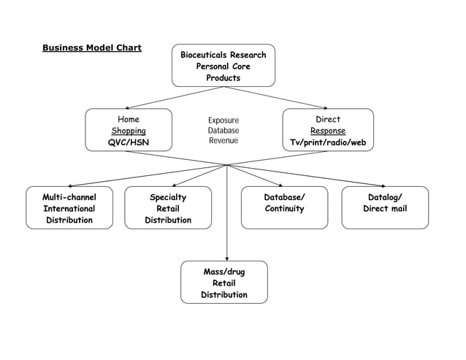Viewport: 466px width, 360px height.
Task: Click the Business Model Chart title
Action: click(x=91, y=48)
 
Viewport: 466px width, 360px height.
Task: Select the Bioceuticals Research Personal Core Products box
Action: click(x=223, y=66)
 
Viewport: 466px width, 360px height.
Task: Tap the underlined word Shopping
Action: click(x=129, y=131)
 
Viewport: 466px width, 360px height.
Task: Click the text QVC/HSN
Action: click(x=129, y=143)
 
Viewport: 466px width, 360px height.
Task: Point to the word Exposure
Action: click(x=223, y=120)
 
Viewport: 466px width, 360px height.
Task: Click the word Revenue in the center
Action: click(x=223, y=141)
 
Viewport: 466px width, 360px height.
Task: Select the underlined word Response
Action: click(x=327, y=131)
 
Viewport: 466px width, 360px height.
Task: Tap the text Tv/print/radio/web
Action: click(x=327, y=143)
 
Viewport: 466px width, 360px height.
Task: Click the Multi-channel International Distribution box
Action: click(x=69, y=208)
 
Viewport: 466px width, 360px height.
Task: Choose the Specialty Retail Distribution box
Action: click(x=168, y=208)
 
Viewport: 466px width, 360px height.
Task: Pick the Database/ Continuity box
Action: click(x=284, y=208)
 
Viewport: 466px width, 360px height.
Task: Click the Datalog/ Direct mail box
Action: click(x=385, y=208)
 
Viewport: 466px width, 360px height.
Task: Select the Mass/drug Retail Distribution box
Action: click(x=224, y=283)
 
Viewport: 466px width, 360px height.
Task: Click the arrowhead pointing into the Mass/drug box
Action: click(x=227, y=258)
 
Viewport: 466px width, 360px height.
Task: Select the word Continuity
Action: click(x=284, y=209)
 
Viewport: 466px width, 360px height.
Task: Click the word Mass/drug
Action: click(x=224, y=272)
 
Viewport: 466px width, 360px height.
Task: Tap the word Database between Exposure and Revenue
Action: click(x=223, y=131)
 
